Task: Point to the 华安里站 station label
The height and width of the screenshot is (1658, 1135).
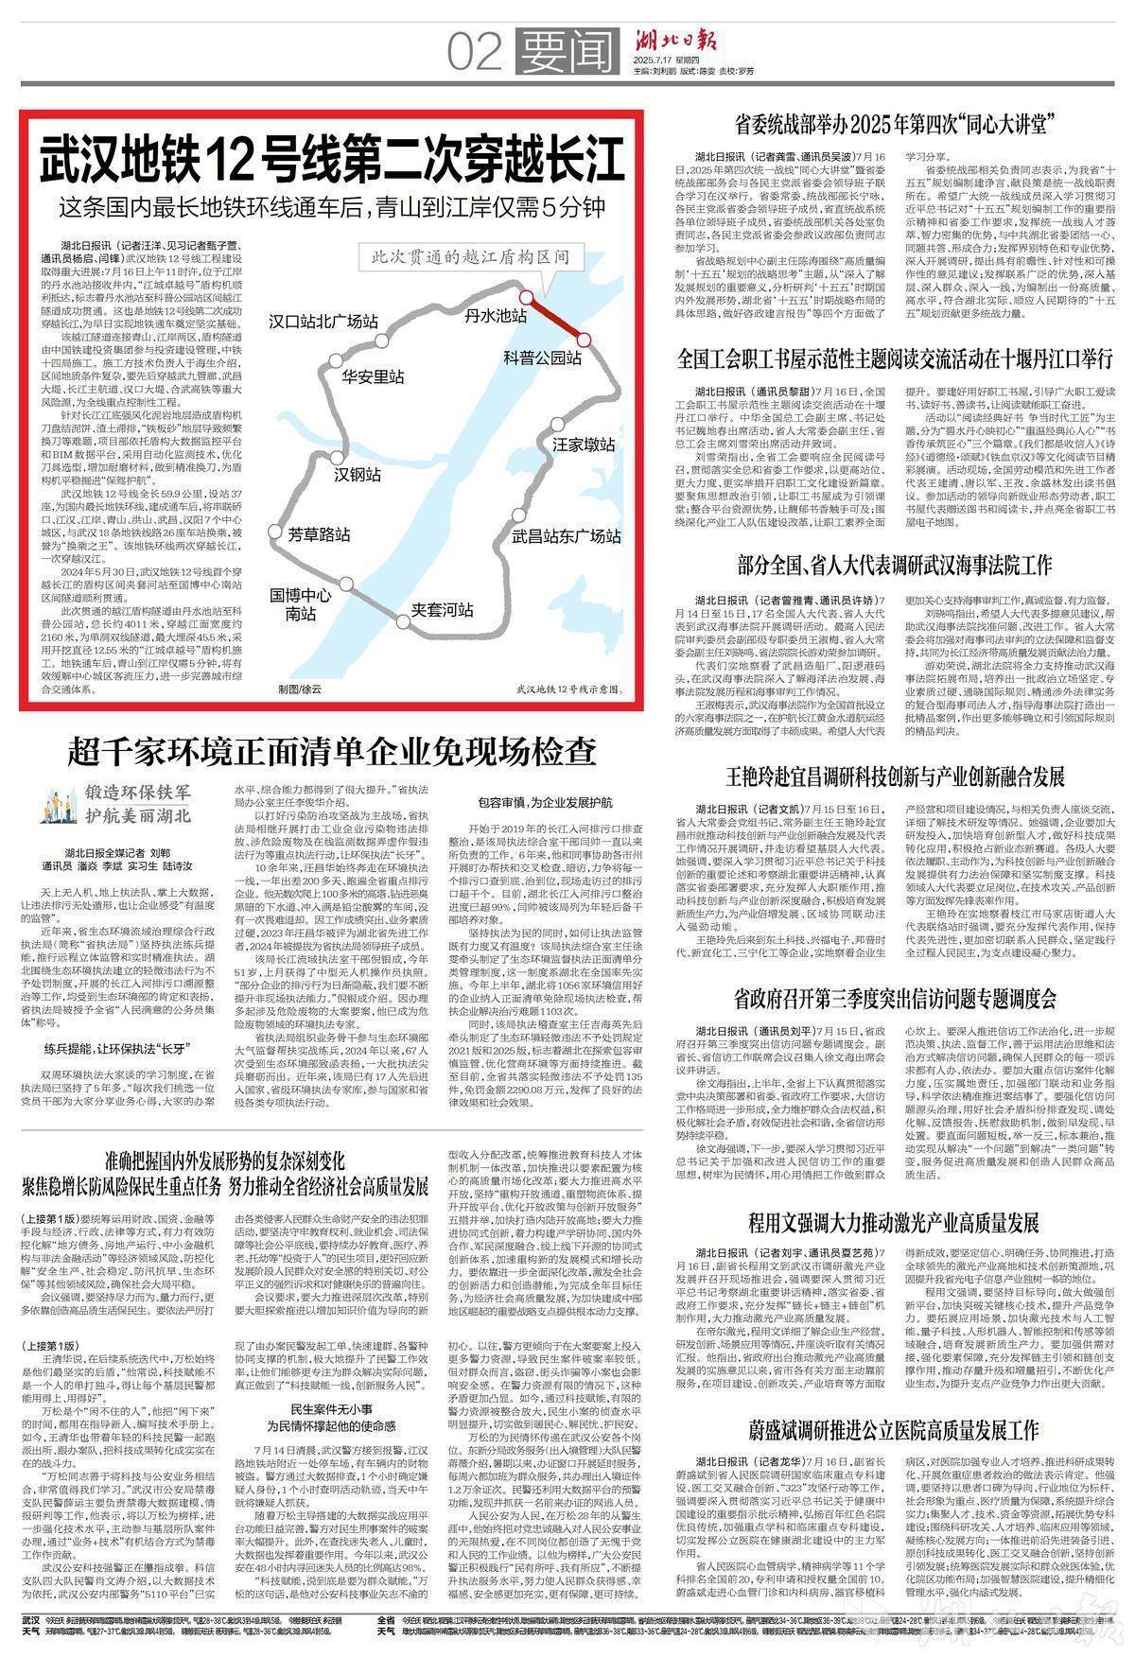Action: point(373,376)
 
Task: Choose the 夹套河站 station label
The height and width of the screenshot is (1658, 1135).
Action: point(442,609)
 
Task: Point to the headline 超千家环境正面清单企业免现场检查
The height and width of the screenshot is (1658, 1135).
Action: point(331,752)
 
